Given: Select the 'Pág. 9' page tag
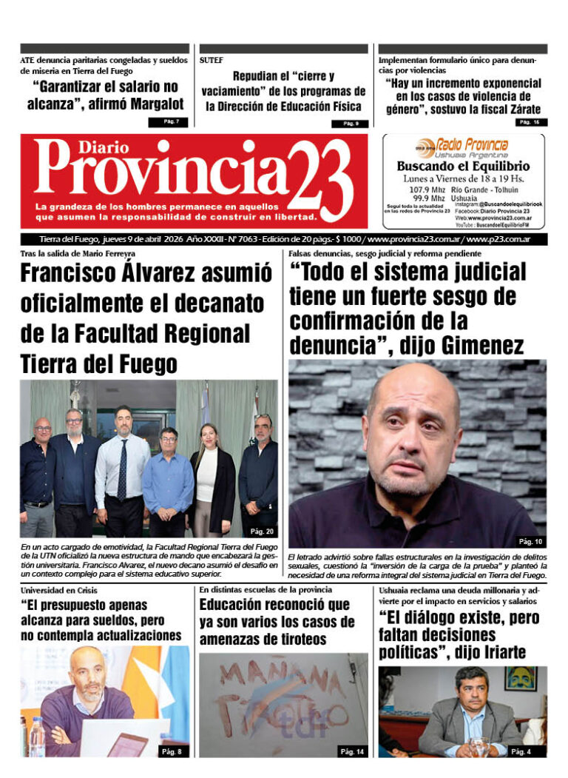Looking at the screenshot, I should point(350,123).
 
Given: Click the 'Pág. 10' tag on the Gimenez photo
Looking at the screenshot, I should point(529,541).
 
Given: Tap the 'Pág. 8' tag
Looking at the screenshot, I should point(173,751).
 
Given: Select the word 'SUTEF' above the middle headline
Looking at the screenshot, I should point(212,59).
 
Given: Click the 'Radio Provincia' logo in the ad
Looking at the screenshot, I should point(464,146).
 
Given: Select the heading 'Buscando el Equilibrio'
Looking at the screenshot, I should point(464,166).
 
